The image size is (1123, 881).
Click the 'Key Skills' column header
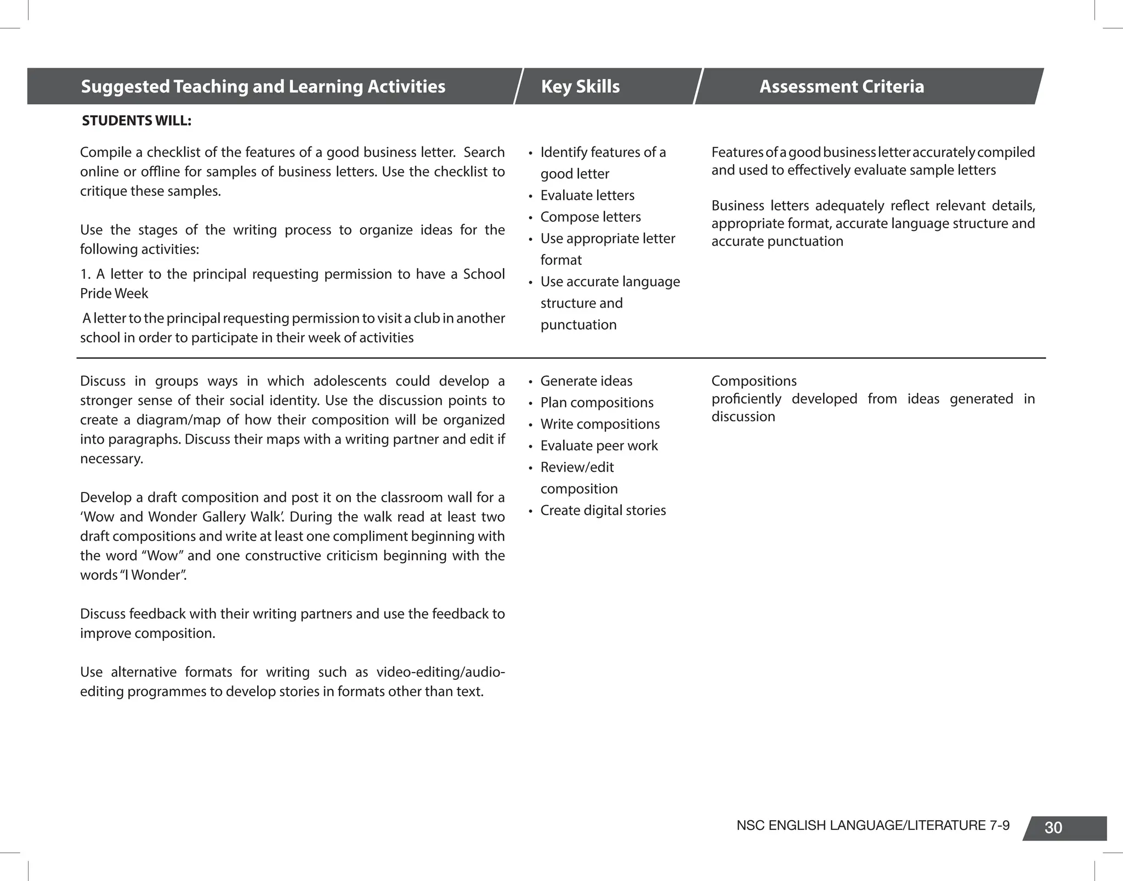click(x=580, y=87)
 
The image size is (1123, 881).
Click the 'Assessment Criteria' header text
click(x=841, y=87)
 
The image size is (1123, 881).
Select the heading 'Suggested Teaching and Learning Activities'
click(x=263, y=87)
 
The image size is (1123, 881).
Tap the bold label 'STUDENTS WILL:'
click(x=137, y=121)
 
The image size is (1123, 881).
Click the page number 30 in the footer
click(x=1053, y=828)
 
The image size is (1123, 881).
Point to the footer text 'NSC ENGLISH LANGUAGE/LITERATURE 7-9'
click(x=872, y=826)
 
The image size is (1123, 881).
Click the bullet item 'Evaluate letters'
click(x=587, y=195)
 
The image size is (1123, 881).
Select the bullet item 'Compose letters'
click(x=590, y=217)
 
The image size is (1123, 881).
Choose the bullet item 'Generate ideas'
click(x=586, y=381)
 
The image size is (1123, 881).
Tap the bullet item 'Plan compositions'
click(x=597, y=403)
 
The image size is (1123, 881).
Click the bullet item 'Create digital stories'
click(x=603, y=510)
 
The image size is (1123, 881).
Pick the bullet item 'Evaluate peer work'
click(x=599, y=445)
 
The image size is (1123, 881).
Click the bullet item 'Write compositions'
click(x=600, y=424)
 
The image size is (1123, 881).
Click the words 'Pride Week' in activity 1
click(x=114, y=293)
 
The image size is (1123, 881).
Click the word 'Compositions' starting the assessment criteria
click(x=753, y=381)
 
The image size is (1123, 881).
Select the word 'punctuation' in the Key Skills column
click(x=578, y=325)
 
